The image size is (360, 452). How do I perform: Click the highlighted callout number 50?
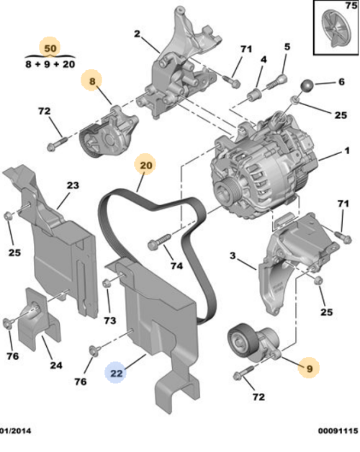tap(50, 48)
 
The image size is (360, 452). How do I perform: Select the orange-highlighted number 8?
tap(91, 82)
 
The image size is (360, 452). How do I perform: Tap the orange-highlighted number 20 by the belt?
tap(146, 165)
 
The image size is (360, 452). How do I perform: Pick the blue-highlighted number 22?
tap(116, 372)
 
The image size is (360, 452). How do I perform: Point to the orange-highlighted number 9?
tap(309, 368)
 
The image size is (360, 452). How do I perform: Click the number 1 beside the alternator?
tap(346, 153)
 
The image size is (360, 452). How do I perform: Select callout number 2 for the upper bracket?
tap(136, 33)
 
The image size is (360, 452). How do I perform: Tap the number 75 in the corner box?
tap(350, 6)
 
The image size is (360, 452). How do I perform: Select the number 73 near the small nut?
tap(110, 320)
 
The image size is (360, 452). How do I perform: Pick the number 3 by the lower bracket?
tap(233, 256)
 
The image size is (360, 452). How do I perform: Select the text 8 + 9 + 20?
tap(49, 63)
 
